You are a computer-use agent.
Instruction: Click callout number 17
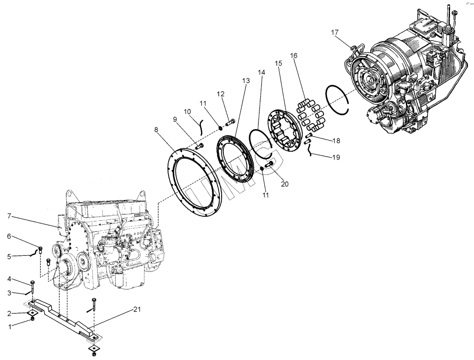pos(334,32)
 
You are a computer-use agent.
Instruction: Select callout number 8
pos(156,130)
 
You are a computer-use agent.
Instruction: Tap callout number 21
pos(137,309)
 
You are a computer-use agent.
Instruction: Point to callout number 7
pos(9,216)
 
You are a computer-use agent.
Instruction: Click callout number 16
pos(293,55)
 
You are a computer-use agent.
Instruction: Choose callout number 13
pos(246,81)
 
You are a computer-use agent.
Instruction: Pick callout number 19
pos(336,157)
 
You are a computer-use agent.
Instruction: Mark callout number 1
pos(10,327)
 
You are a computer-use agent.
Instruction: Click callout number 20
pos(285,184)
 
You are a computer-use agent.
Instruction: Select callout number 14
pos(262,73)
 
